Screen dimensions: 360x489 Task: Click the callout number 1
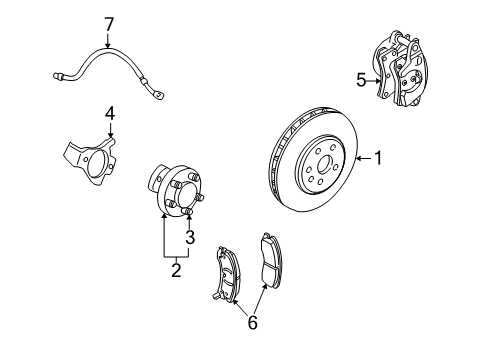379,157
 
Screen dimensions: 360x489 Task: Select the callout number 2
175,269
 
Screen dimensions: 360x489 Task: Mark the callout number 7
110,21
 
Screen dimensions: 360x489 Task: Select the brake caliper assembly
404,72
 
